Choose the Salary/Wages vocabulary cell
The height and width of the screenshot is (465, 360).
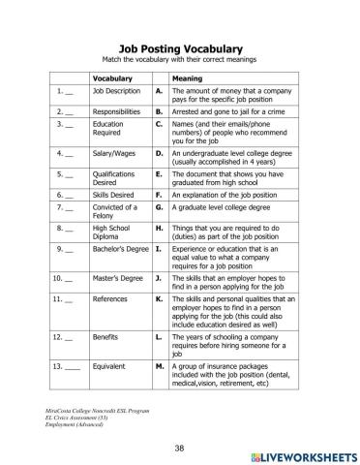pyautogui.click(x=114, y=152)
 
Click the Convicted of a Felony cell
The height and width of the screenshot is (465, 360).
pyautogui.click(x=109, y=210)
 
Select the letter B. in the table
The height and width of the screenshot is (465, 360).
pyautogui.click(x=160, y=112)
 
